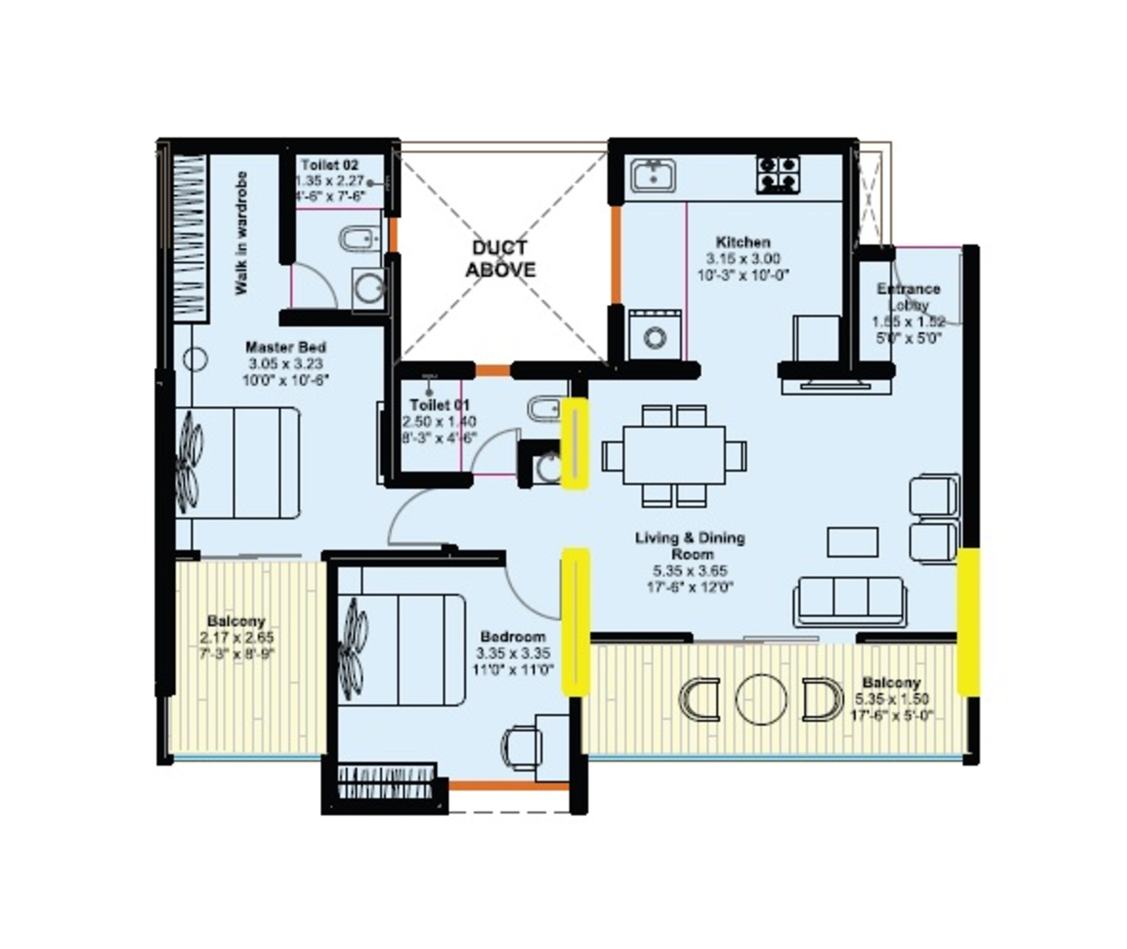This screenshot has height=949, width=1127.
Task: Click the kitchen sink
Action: click(653, 175)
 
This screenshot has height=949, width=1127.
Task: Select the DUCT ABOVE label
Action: click(500, 259)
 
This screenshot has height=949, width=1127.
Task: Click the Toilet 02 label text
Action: click(329, 165)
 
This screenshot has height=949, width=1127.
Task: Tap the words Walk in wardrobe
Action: click(242, 233)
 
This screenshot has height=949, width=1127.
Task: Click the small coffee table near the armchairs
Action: click(852, 542)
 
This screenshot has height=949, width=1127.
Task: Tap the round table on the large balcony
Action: click(760, 699)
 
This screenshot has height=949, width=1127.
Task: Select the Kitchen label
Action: click(743, 242)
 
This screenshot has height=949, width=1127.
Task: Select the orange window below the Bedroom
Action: click(509, 786)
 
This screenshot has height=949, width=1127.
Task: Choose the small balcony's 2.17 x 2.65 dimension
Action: click(237, 638)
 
